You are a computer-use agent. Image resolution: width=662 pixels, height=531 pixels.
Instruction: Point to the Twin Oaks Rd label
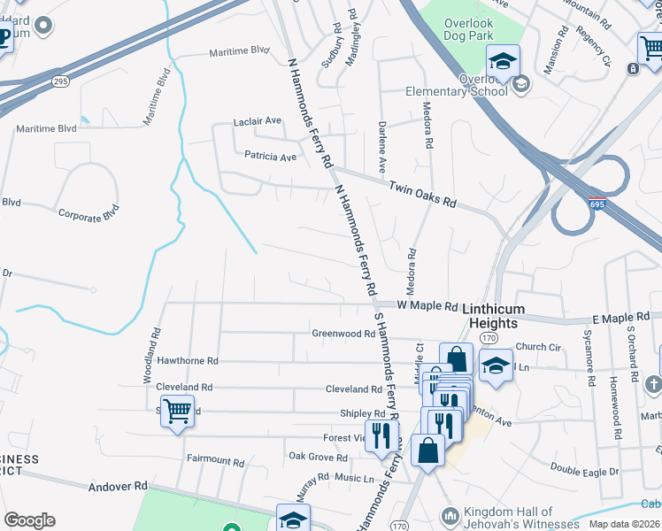point(423,193)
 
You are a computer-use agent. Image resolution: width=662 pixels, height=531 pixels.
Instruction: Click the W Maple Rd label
point(427,306)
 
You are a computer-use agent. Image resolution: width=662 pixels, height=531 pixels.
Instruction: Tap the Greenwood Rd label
point(343,334)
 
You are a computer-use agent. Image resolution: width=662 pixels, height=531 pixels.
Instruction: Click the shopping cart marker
point(177,411)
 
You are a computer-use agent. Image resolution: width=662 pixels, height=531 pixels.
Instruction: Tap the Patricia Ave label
point(271,157)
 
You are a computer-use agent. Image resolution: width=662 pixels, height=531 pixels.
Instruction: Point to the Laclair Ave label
point(257,120)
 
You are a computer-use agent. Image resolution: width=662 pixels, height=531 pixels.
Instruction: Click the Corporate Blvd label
point(88,214)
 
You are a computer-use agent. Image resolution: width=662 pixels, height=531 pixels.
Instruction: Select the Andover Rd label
point(118,487)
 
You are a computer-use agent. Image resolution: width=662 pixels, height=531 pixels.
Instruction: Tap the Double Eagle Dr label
point(585,471)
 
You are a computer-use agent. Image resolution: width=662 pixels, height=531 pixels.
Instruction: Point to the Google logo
point(29,519)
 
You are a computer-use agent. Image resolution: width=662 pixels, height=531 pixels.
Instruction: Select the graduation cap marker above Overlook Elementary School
point(503,61)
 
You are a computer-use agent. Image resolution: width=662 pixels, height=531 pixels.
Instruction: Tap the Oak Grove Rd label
point(318,457)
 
